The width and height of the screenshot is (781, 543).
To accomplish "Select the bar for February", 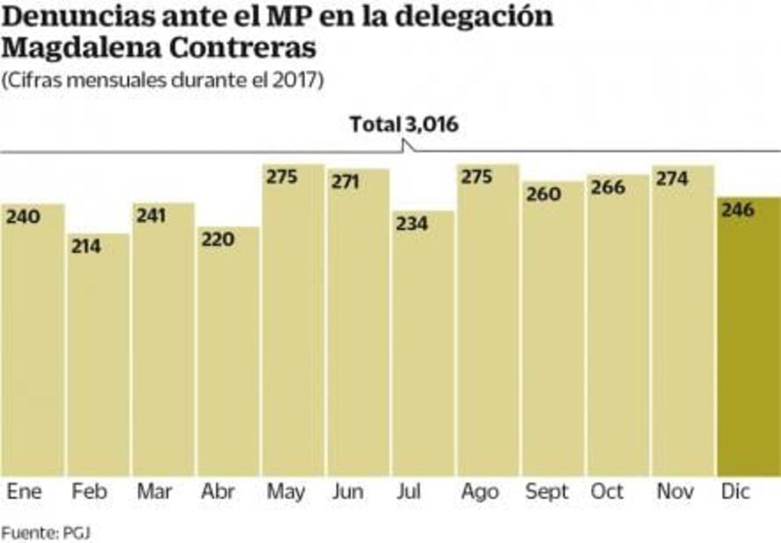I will click(98, 355).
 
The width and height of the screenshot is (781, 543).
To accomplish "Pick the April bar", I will click(228, 350).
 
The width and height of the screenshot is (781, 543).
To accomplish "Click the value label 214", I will click(87, 246).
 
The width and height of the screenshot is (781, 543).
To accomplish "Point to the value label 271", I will click(345, 181).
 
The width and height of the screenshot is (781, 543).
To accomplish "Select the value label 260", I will click(543, 194).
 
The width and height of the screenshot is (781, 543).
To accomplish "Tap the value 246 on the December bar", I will click(738, 209).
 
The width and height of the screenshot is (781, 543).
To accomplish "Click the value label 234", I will click(411, 223).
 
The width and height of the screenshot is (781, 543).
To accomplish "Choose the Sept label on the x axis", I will click(547, 492).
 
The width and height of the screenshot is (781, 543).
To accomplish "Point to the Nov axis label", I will click(676, 492).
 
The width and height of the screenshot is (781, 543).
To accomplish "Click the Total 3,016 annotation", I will click(404, 125).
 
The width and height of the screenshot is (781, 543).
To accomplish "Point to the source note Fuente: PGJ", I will click(46, 531).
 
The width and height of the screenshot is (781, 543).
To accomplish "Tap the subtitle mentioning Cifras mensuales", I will click(163, 81).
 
